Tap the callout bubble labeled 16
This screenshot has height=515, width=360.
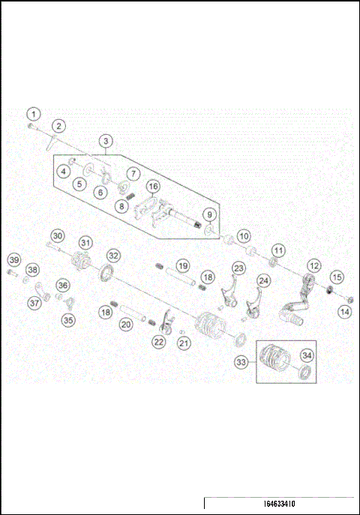point(153,187)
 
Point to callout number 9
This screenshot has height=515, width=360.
point(210,215)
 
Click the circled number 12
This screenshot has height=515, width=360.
point(313,265)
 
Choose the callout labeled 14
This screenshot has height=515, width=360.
point(343,311)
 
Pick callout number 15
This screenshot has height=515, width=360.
point(337,277)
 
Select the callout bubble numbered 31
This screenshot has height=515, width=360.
point(86,242)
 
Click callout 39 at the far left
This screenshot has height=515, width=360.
point(13,259)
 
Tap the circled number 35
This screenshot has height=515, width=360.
point(69,320)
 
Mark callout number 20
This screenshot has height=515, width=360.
point(126,324)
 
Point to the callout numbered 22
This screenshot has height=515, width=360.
point(158,341)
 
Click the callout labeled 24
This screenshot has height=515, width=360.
point(263,280)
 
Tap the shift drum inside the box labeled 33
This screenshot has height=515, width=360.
point(278,361)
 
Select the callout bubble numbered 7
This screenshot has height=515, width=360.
point(131,172)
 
